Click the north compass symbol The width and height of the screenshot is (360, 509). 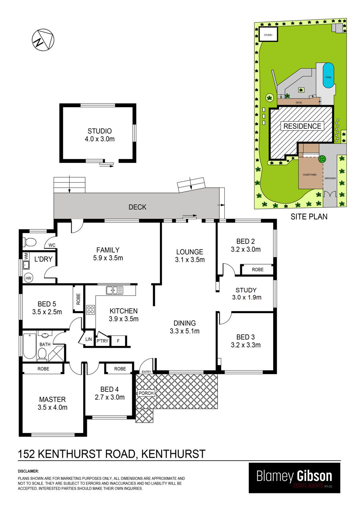(43, 40)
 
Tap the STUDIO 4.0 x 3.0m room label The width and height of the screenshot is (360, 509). (100, 135)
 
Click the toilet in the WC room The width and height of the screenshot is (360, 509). (30, 242)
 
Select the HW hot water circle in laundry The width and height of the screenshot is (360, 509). (28, 278)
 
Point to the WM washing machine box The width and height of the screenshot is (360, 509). (26, 256)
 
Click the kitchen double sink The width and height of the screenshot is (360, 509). (114, 290)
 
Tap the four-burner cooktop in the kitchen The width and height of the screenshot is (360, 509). (90, 310)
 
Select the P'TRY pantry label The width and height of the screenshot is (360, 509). (102, 341)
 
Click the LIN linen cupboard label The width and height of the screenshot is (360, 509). (88, 339)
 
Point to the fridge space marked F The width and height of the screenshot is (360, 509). (118, 341)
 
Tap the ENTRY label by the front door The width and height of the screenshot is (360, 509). (146, 372)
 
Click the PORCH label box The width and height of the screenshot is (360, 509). (146, 393)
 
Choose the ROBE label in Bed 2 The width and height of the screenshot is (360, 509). (258, 269)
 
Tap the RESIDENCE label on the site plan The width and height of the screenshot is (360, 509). (302, 126)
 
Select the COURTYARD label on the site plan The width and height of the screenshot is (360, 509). (310, 175)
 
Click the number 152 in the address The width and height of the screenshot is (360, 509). (26, 454)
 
